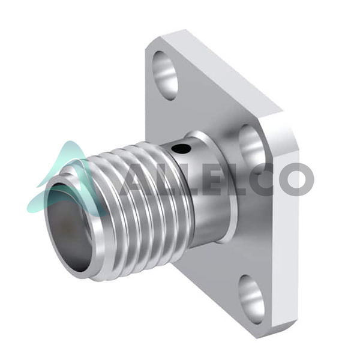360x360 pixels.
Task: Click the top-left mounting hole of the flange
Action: pyautogui.click(x=166, y=76)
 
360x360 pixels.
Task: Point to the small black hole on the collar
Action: pyautogui.click(x=181, y=149)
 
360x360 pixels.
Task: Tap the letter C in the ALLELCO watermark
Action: pyautogui.click(x=257, y=179)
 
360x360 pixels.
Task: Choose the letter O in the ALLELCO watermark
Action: pyautogui.click(x=296, y=179)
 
